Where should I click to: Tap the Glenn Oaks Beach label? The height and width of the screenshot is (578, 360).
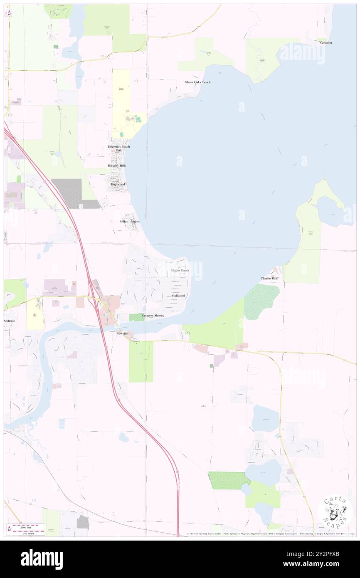tap(197, 82)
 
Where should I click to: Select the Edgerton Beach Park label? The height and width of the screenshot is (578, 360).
tap(119, 148)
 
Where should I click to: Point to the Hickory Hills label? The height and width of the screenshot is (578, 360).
tap(117, 165)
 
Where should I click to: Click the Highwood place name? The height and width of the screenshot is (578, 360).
tap(118, 184)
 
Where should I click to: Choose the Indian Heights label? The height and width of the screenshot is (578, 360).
tap(129, 222)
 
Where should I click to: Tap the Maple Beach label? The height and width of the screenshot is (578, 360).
tap(180, 270)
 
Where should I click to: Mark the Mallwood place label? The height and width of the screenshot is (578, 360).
tap(178, 295)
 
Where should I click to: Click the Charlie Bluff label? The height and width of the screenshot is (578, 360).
tap(269, 278)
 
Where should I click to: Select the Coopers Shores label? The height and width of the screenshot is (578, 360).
tap(153, 316)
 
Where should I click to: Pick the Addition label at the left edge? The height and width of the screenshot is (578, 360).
tap(9, 321)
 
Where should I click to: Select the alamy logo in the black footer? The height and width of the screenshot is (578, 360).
tap(42, 559)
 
